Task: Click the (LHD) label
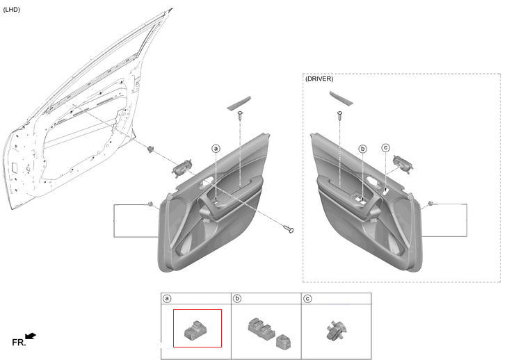pos(12,9)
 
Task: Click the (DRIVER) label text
pos(319,79)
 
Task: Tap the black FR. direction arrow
pos(30,337)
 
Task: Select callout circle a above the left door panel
pos(216,149)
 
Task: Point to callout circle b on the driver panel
pos(362,149)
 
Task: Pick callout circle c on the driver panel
pos(385,147)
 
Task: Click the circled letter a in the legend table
pos(167,299)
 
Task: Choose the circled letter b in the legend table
pos(237,299)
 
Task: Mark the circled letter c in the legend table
pos(307,299)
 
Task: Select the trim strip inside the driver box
pos(340,98)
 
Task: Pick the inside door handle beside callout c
pos(404,165)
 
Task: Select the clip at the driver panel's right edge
pos(432,204)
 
